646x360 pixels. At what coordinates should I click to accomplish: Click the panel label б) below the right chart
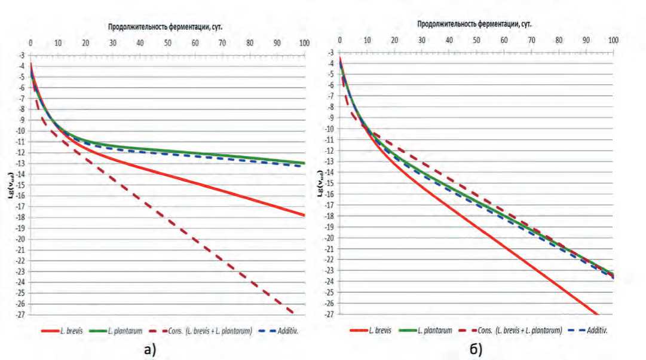[x=476, y=349]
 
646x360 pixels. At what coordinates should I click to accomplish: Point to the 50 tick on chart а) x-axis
[x=167, y=43]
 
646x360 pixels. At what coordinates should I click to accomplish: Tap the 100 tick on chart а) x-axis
[x=304, y=43]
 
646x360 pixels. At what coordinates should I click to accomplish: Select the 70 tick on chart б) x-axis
[x=531, y=41]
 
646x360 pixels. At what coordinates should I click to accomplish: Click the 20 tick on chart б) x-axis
[x=394, y=41]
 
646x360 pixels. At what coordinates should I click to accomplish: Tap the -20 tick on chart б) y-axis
[x=329, y=238]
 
